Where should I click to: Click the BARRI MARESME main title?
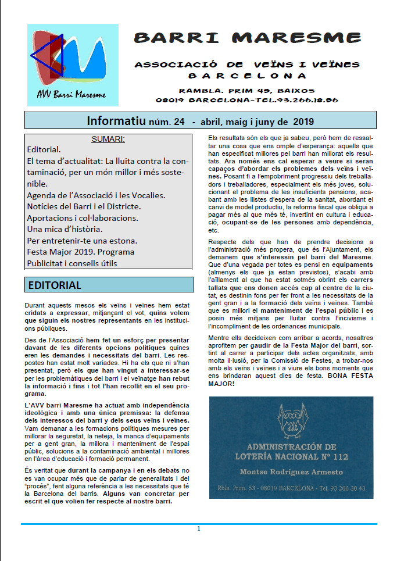(x=247, y=39)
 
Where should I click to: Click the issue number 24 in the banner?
(x=178, y=122)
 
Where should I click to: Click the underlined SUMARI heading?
(x=108, y=139)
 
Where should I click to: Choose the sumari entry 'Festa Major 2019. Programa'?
(x=80, y=252)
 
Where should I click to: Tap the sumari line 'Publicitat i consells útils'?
(x=71, y=263)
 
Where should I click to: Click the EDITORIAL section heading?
(x=55, y=285)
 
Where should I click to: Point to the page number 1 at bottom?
(x=198, y=528)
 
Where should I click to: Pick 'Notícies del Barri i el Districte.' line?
(x=84, y=206)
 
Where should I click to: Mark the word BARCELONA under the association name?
(x=247, y=76)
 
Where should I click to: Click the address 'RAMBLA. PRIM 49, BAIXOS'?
(x=246, y=91)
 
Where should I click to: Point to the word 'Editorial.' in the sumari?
(x=44, y=149)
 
